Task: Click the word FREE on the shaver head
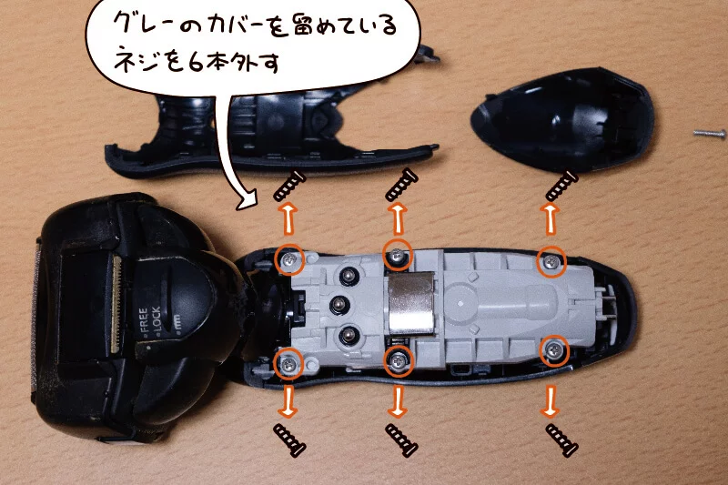pos(143,319)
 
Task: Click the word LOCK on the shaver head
pos(156,318)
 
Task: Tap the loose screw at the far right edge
pos(710,134)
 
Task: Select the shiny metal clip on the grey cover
pos(411,304)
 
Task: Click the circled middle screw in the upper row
pos(397,255)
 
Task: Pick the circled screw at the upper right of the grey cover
pos(551,261)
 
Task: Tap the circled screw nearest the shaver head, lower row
pos(288,363)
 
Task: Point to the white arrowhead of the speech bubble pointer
pos(248,199)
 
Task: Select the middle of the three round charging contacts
pos(338,305)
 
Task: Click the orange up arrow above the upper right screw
pos(551,219)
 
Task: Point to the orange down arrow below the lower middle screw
pos(398,400)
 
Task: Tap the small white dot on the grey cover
pos(460,303)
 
